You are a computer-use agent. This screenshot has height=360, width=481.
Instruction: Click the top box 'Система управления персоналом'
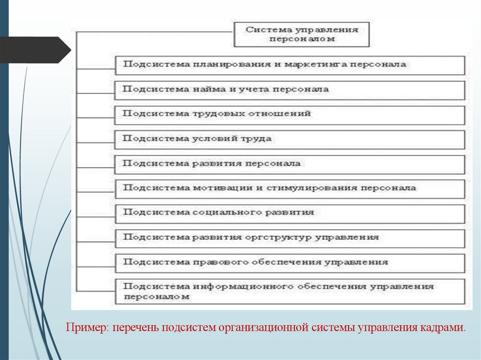coord(302,34)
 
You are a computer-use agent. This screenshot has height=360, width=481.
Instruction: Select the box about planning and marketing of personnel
coord(290,65)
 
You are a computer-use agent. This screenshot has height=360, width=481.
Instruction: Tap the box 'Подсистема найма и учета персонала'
coord(290,90)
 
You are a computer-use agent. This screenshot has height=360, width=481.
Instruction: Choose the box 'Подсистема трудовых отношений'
coord(290,115)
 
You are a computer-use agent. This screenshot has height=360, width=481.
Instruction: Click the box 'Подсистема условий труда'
coord(290,139)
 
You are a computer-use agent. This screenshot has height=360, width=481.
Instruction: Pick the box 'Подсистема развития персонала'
coord(290,164)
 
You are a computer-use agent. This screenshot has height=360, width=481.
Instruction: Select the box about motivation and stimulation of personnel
coord(290,189)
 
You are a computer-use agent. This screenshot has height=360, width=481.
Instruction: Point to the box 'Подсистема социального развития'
coord(290,213)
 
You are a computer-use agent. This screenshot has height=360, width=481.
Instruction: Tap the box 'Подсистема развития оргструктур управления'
coord(290,238)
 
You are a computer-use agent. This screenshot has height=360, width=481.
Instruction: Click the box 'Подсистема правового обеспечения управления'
coord(290,262)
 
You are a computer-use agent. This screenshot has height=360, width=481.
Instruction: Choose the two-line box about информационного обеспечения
coord(290,291)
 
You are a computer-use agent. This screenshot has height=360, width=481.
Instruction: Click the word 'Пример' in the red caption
coord(86,327)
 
